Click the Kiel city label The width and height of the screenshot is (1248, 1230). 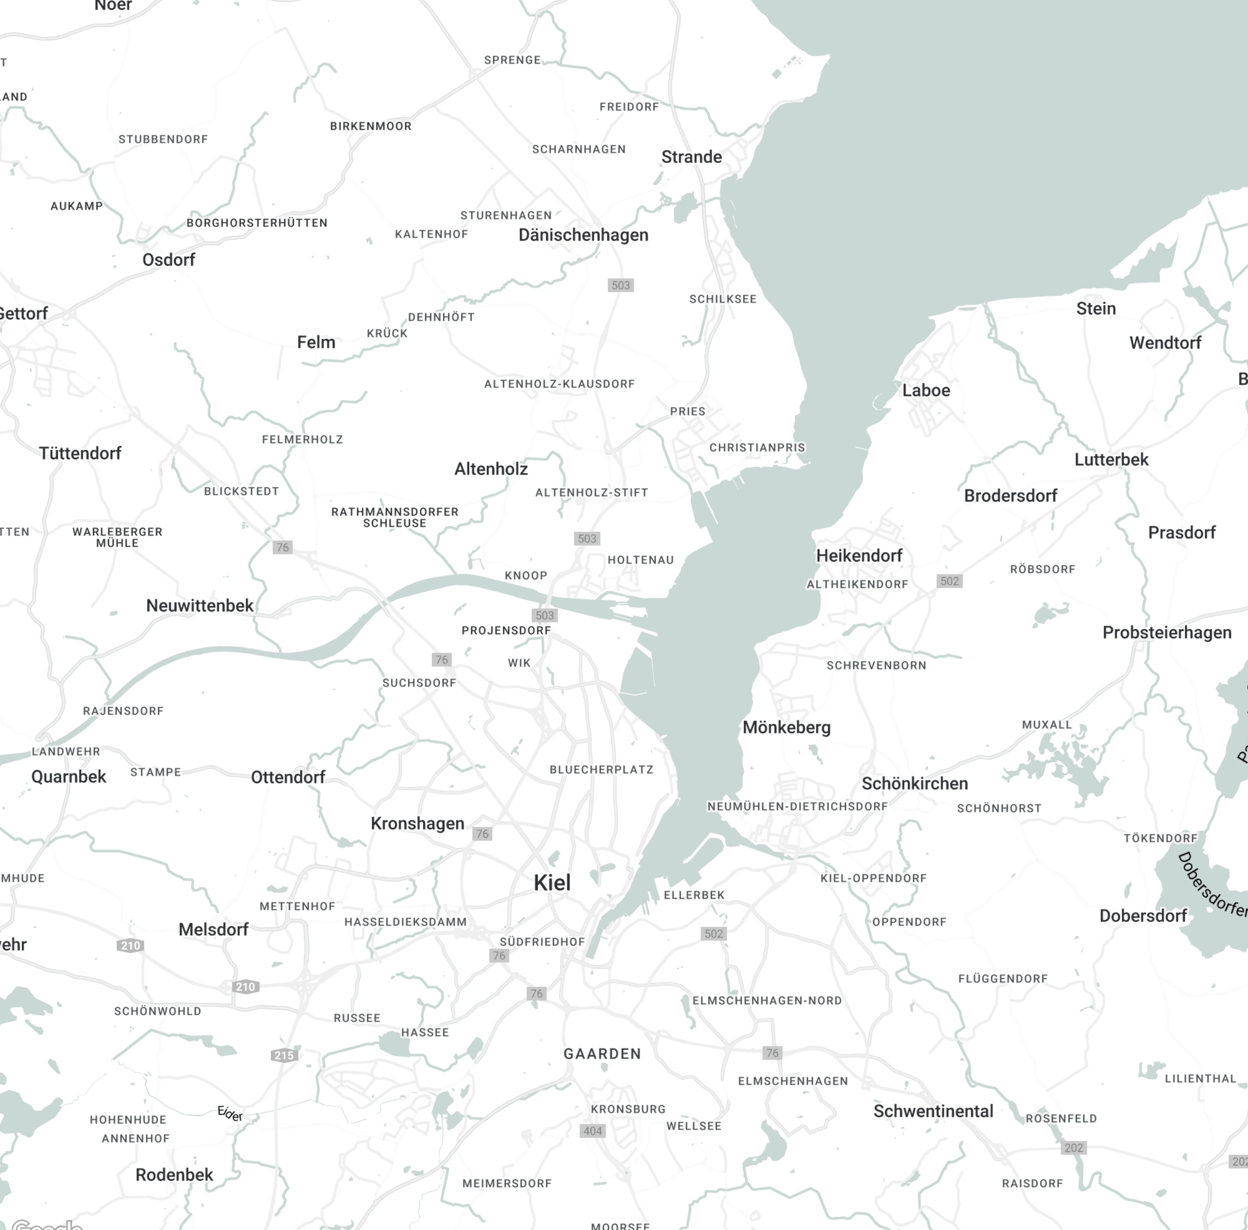[x=552, y=883]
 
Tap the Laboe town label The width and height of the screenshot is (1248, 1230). [x=926, y=390]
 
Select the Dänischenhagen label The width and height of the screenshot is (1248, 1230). [x=583, y=235]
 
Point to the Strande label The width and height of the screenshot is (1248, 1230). [x=691, y=157]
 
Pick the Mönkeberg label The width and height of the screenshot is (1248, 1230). [x=786, y=727]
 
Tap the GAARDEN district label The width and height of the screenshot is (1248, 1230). [x=602, y=1054]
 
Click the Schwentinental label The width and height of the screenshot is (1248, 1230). [x=933, y=1111]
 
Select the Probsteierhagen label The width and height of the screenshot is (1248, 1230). [x=1166, y=632]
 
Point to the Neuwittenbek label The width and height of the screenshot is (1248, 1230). [x=200, y=605]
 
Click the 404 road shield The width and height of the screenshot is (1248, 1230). [x=592, y=1131]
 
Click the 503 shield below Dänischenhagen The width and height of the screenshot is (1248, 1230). [x=620, y=285]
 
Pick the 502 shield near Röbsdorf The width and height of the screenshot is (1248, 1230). [x=949, y=581]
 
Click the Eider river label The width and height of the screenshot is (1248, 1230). [x=230, y=1114]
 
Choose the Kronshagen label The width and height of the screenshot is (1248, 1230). [x=417, y=823]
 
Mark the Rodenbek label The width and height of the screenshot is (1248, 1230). [x=174, y=1174]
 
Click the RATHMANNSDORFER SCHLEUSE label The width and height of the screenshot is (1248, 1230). [x=395, y=517]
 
